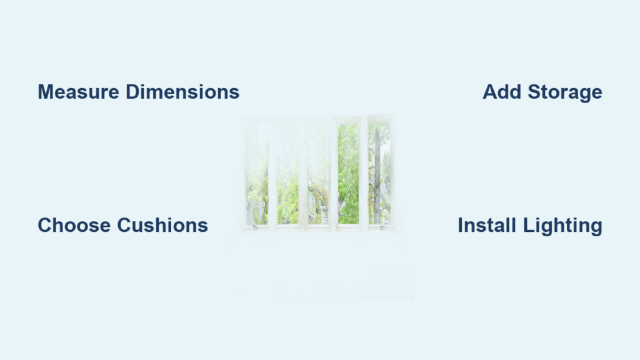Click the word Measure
click(78, 92)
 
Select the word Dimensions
click(182, 92)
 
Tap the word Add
click(502, 92)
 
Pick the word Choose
click(74, 225)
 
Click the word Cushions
click(162, 225)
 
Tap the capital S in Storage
click(535, 92)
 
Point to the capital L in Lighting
click(529, 225)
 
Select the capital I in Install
click(460, 225)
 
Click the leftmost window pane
click(257, 174)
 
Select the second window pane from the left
click(287, 174)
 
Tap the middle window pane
click(318, 174)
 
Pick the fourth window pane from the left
click(348, 174)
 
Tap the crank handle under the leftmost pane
click(254, 227)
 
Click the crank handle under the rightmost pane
click(382, 227)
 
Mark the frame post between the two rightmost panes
click(364, 174)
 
